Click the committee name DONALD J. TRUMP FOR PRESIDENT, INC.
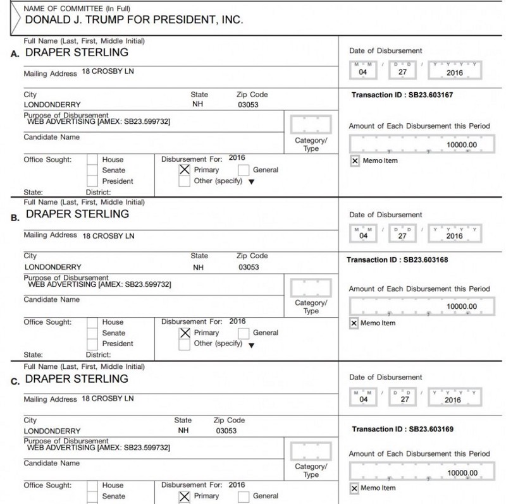tap(134, 20)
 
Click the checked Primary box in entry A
tap(185, 169)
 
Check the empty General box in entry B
tap(244, 333)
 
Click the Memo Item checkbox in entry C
tap(354, 488)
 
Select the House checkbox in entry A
tap(92, 159)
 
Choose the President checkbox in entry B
tap(92, 344)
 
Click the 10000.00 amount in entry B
tap(461, 306)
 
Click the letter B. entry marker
tap(16, 219)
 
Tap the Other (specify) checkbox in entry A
tap(185, 181)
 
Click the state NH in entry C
tap(183, 431)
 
